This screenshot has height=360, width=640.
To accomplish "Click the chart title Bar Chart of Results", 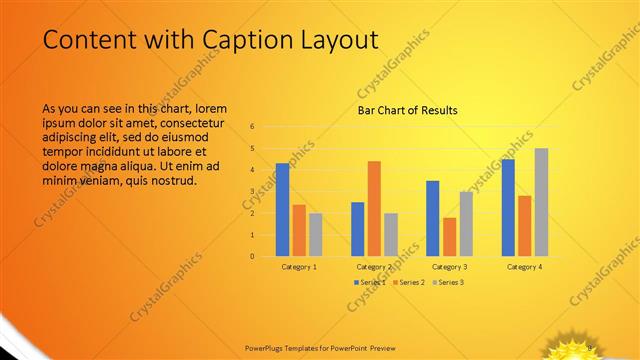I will click(x=408, y=110).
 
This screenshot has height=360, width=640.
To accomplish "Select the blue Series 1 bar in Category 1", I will click(x=283, y=209).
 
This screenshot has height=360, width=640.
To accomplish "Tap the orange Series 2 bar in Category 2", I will click(x=374, y=208).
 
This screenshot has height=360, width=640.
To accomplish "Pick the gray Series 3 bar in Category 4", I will click(x=541, y=201).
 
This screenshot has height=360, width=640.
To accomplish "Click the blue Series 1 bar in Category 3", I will click(x=432, y=218).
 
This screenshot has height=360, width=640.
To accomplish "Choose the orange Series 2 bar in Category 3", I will click(x=449, y=236).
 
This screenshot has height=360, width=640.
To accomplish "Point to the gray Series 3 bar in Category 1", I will click(x=316, y=234).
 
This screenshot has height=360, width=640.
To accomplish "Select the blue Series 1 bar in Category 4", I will click(x=508, y=207).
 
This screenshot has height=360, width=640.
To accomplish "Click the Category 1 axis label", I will click(x=299, y=267).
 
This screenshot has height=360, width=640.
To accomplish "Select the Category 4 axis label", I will click(x=524, y=267).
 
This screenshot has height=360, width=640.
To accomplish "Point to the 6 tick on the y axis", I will click(x=253, y=127).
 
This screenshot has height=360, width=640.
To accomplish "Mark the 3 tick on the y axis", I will click(x=253, y=191).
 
